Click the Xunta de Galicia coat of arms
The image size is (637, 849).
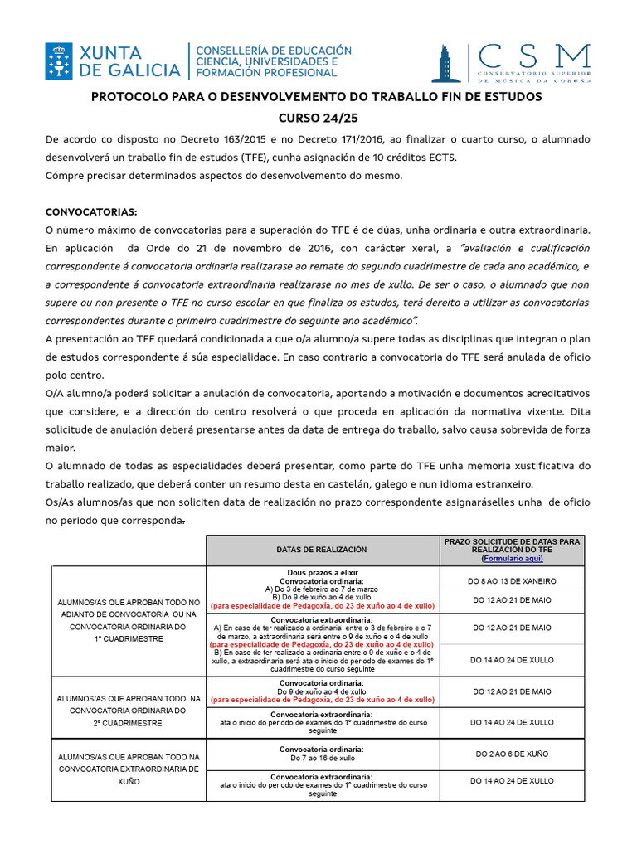[x=59, y=61]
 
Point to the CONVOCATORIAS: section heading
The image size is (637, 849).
[x=91, y=211]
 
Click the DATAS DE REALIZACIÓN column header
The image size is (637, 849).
[x=321, y=550]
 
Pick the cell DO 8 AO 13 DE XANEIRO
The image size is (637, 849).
[x=512, y=580]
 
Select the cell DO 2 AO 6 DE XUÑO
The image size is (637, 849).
[x=512, y=754]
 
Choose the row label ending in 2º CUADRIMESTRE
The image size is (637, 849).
[x=128, y=711]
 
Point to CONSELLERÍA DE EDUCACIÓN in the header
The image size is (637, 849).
[x=275, y=51]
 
